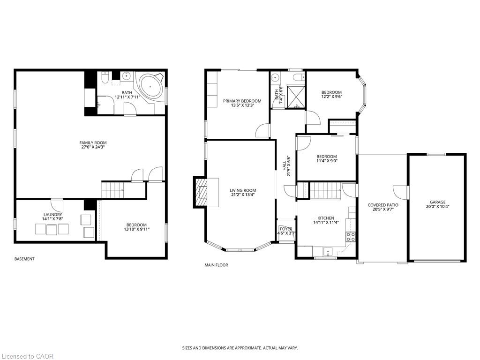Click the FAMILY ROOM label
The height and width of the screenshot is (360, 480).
point(93,142)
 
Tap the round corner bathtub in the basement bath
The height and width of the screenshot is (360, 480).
point(150,87)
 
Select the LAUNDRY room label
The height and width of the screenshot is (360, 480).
point(52,215)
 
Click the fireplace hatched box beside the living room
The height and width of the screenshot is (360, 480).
point(202,192)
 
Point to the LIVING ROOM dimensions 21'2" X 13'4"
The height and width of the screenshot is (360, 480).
point(243,195)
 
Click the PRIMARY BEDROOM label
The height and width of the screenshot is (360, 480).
point(242,101)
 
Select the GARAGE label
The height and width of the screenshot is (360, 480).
point(438,202)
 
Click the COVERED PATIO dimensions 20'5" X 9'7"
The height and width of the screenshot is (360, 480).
point(382,210)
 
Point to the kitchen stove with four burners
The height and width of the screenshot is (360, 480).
point(351,236)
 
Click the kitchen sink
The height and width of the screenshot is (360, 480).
point(328,252)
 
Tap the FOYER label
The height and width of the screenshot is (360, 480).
point(286,229)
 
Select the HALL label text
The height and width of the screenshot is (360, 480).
point(285,166)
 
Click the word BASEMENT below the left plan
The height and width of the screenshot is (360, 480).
point(24,259)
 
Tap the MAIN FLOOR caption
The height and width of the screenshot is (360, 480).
point(216,265)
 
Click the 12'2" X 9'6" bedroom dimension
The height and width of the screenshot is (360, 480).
point(331,97)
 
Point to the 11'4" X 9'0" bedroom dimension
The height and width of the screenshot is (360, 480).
point(327,161)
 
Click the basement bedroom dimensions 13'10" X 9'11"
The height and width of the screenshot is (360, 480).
point(136,229)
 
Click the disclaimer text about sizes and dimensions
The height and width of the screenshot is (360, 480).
point(240,348)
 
